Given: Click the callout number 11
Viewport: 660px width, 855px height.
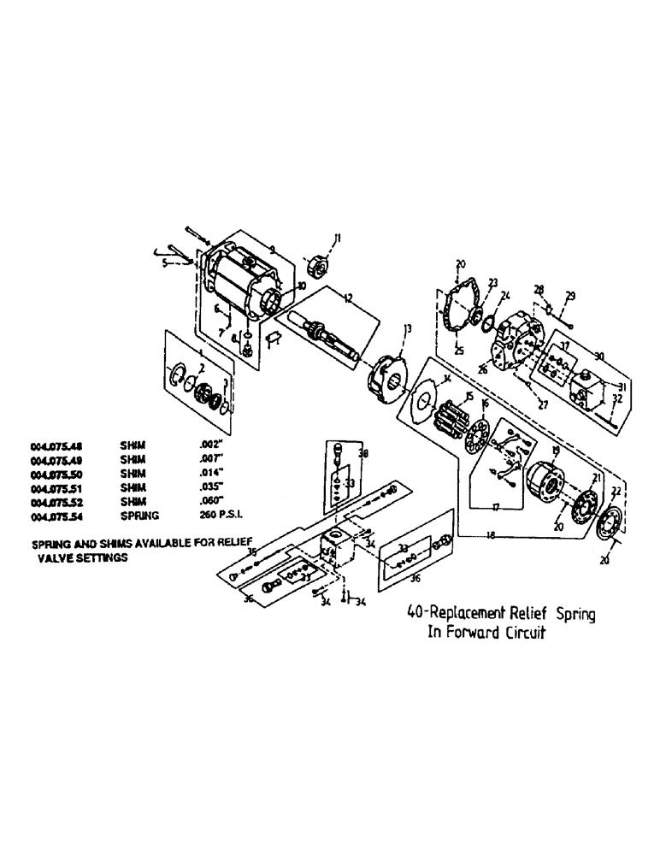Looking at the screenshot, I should pyautogui.click(x=336, y=239).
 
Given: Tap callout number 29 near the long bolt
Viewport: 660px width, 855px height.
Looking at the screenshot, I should pyautogui.click(x=571, y=296).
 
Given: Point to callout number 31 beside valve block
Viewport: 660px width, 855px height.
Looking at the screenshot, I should pyautogui.click(x=621, y=386).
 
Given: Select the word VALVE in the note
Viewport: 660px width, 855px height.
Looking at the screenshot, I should pyautogui.click(x=56, y=556).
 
